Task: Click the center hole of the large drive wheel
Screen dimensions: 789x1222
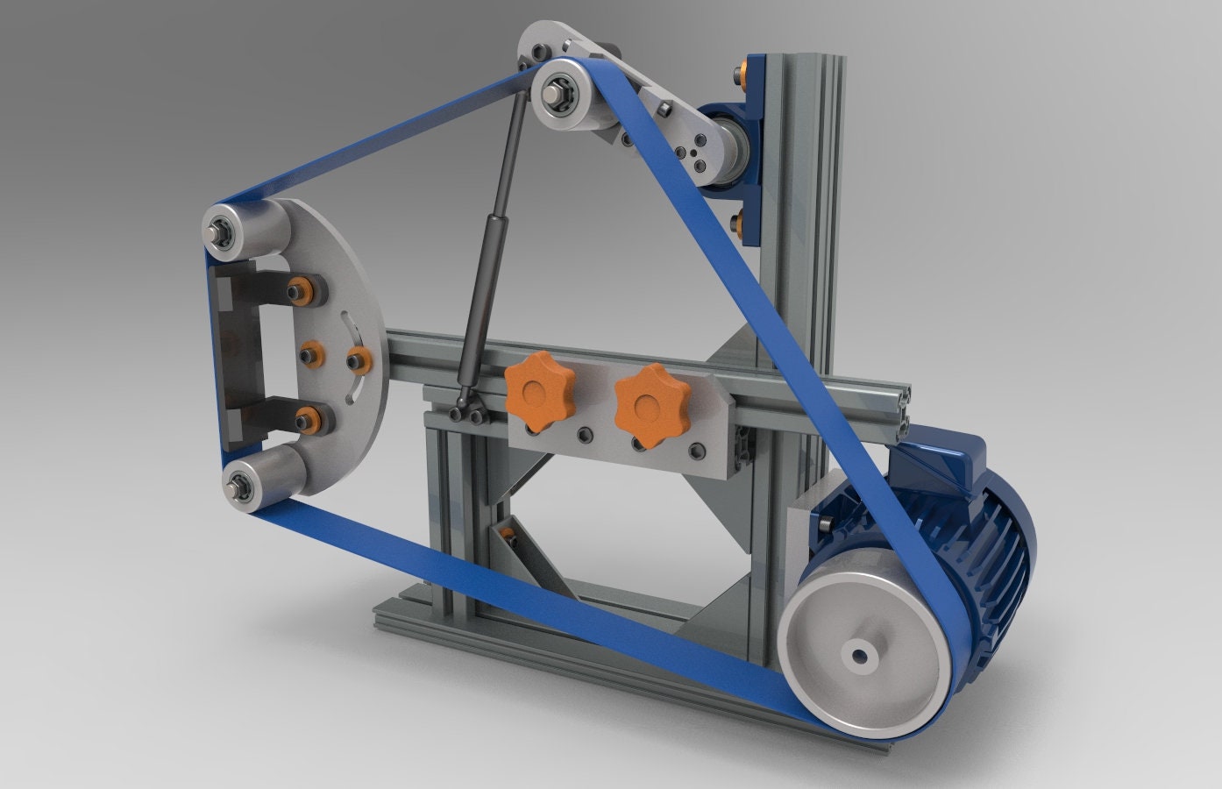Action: click(x=856, y=654)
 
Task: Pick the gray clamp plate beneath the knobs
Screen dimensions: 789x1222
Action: click(x=614, y=447)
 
